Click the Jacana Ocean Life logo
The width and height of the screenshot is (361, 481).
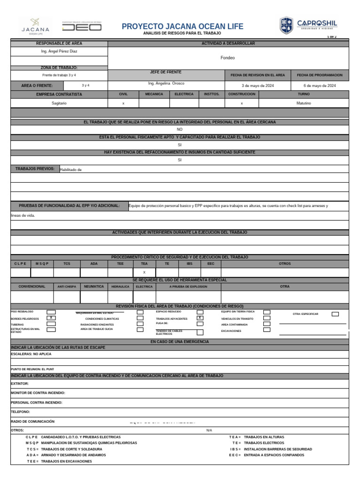(35, 26)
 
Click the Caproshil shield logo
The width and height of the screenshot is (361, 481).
(286, 25)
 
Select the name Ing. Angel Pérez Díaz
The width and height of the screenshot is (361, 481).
(59, 51)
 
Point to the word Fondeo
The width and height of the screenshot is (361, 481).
(228, 58)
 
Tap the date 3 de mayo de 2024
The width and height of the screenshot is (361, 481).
(258, 86)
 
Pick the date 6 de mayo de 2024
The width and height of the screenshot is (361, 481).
(320, 86)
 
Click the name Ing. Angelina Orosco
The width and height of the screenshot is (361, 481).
(166, 83)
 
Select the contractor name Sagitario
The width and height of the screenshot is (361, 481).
(59, 103)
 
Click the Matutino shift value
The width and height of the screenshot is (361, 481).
(304, 103)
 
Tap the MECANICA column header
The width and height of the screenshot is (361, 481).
(154, 94)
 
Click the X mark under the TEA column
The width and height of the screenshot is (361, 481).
(144, 272)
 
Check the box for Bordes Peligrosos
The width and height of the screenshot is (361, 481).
(51, 318)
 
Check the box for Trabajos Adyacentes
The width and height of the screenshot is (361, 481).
(200, 318)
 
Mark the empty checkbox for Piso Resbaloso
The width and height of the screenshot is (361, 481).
(51, 312)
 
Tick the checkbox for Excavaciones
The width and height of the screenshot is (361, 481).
(267, 330)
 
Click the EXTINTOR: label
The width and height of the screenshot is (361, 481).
(20, 384)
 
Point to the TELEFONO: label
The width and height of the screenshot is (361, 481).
(20, 412)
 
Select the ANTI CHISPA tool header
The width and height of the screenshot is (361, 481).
(67, 287)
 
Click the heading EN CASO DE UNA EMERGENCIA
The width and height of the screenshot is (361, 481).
(180, 341)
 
